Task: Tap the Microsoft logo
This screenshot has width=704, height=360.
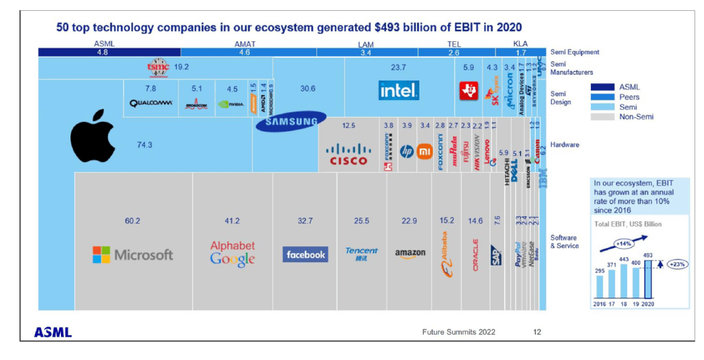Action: point(133,255)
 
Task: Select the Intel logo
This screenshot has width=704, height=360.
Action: point(398,91)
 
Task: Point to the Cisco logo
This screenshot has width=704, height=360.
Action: point(348,155)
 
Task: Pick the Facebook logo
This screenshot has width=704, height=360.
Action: point(305,255)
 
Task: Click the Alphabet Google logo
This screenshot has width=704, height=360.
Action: point(232,253)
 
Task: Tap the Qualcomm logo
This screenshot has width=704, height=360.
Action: point(150,103)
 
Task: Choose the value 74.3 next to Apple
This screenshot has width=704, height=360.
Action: point(144,145)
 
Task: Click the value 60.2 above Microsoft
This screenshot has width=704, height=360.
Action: point(132,221)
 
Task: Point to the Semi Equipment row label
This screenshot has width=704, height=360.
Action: point(575,52)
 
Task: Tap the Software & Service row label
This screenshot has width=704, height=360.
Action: point(565,242)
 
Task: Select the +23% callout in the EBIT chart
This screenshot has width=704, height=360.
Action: point(676,264)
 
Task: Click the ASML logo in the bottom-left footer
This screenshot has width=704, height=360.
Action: point(53,332)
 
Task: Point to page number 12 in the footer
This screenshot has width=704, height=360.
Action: point(537,332)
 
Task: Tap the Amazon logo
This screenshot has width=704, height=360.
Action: point(410,254)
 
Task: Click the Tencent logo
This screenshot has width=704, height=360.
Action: point(361,254)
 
